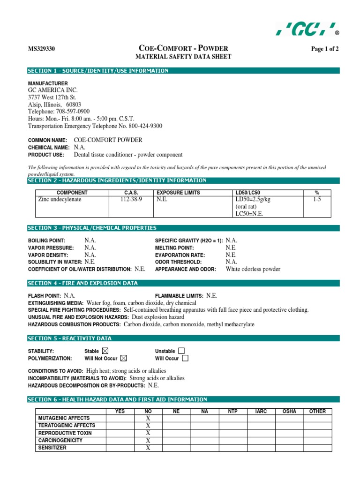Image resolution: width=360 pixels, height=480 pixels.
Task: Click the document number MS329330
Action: coord(42,49)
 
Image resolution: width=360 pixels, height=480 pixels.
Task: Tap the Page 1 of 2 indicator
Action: coord(325,49)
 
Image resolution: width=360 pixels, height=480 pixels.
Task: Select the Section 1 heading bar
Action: coord(183,71)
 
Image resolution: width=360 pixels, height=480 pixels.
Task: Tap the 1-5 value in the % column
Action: coord(317,199)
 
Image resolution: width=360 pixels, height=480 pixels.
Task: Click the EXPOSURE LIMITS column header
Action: coord(178,193)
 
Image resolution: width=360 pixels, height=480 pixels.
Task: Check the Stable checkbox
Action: coord(105,351)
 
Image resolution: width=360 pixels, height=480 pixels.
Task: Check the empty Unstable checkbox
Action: coord(181,351)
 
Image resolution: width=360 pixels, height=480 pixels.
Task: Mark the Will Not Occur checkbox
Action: coord(123,358)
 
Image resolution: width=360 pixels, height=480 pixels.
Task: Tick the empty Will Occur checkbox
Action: coord(185,358)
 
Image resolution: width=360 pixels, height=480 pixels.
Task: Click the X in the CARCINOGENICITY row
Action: coord(148,441)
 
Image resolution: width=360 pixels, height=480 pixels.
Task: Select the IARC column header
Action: coord(261,411)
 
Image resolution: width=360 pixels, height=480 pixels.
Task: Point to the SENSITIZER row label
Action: coord(52,448)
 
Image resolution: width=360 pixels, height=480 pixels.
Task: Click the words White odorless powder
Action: coord(253,269)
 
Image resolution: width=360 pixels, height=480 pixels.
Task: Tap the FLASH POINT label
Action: coord(45,296)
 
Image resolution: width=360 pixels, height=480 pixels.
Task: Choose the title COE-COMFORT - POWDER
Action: coord(183,48)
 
